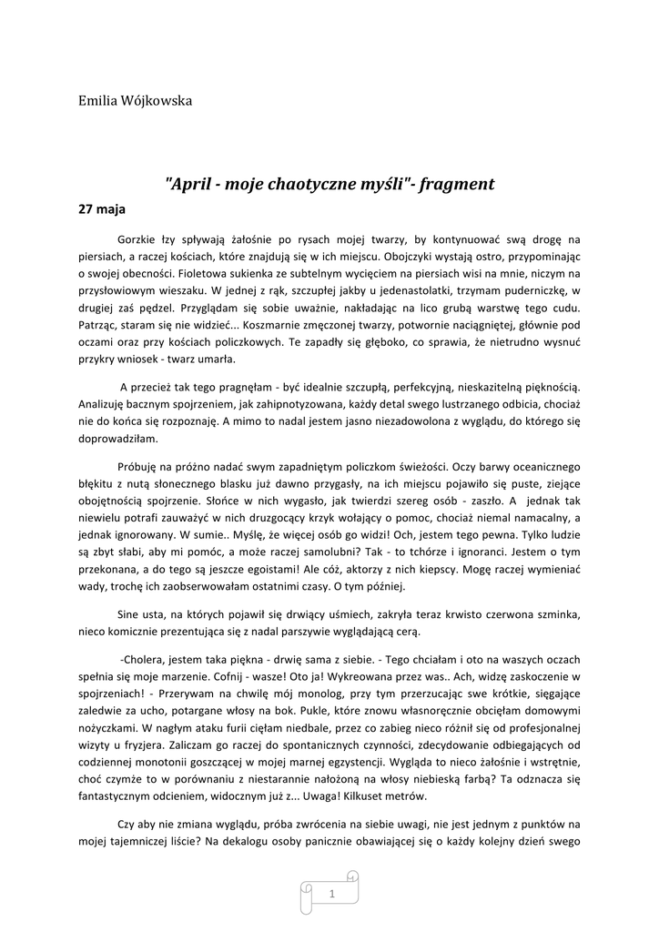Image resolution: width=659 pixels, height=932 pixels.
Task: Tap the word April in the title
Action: click(x=193, y=184)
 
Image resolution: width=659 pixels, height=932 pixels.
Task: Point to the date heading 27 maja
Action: click(x=100, y=208)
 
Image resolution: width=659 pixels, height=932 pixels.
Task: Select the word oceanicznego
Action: click(x=542, y=465)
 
